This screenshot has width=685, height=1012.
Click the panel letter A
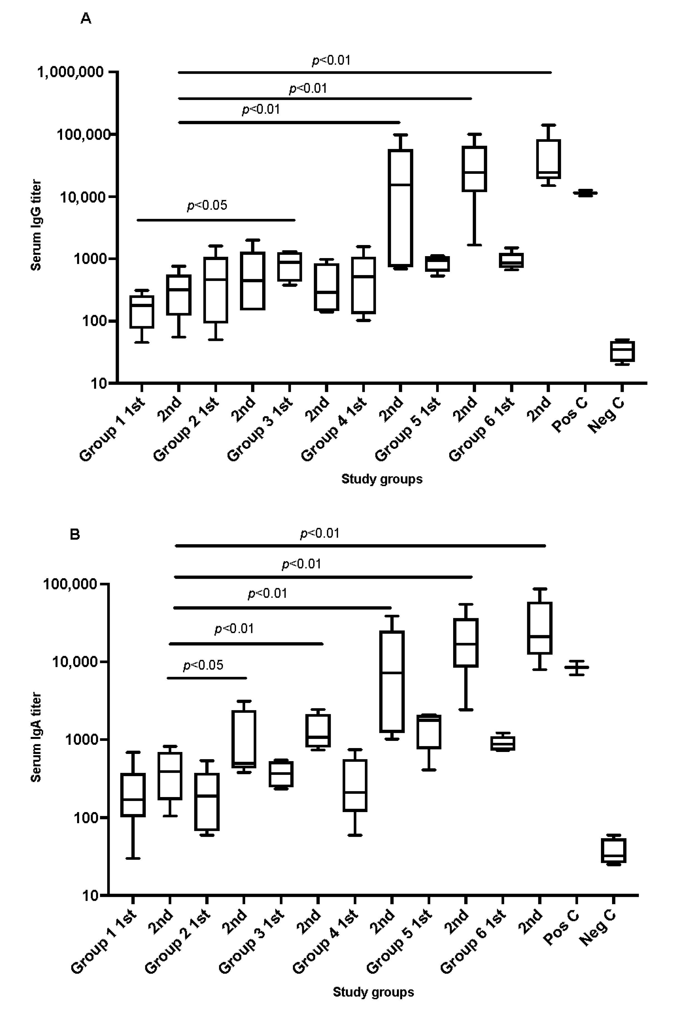click(x=86, y=19)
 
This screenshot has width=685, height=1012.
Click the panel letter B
click(x=75, y=534)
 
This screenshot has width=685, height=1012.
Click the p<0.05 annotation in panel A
click(x=207, y=205)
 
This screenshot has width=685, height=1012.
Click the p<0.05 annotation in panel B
click(x=203, y=665)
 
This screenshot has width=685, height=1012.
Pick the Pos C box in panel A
click(x=585, y=193)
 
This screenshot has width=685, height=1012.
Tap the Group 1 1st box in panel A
click(x=142, y=312)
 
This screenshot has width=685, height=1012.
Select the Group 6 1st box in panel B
click(x=503, y=743)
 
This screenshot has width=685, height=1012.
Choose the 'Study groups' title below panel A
click(x=382, y=479)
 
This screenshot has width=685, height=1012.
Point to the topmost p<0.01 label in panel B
click(x=320, y=533)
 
